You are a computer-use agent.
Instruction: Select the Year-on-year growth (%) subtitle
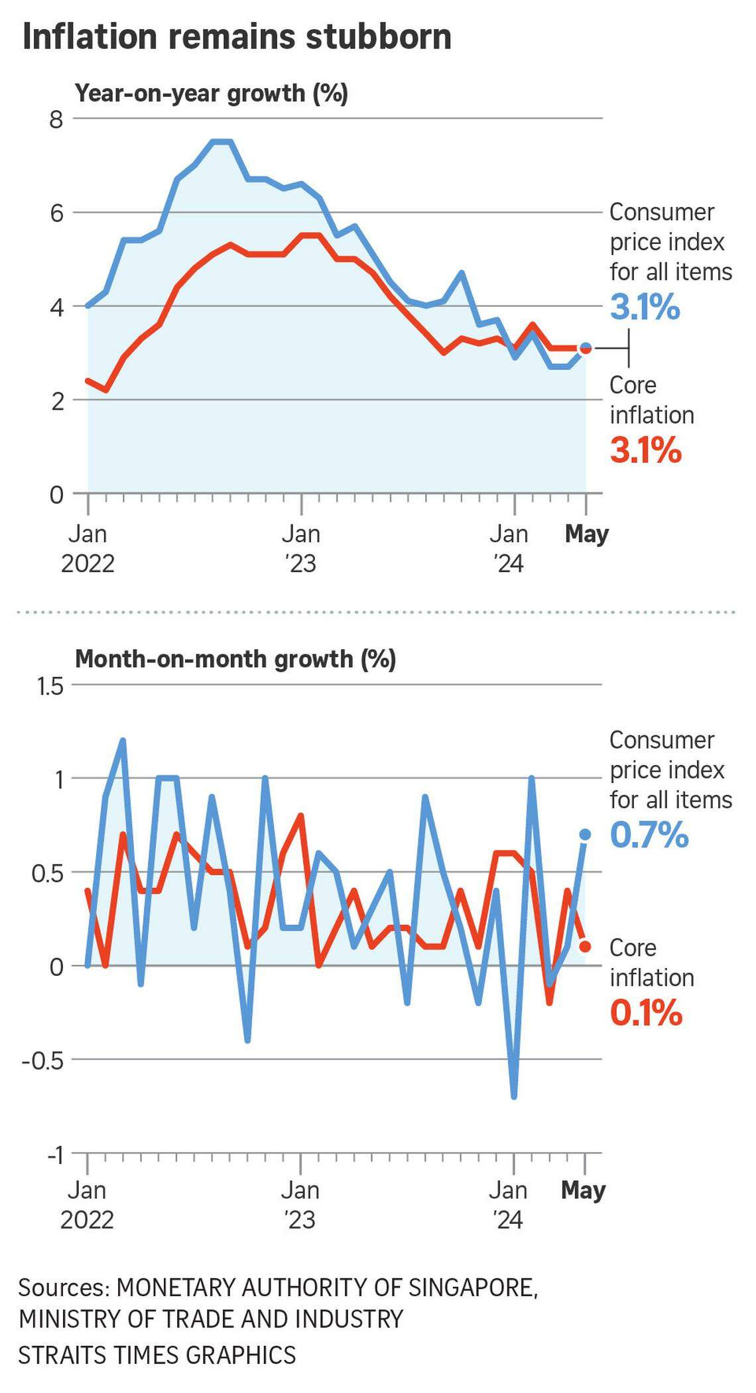pyautogui.click(x=211, y=93)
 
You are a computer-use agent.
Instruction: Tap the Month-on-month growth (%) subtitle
pyautogui.click(x=235, y=659)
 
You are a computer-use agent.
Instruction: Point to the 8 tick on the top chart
pyautogui.click(x=56, y=119)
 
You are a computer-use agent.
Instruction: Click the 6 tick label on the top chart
pyautogui.click(x=56, y=213)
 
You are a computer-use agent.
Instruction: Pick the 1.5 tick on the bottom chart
pyautogui.click(x=49, y=686)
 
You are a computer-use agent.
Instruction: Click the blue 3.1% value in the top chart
pyautogui.click(x=645, y=307)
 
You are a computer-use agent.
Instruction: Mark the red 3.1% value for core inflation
pyautogui.click(x=645, y=450)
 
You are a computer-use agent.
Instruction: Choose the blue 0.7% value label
pyautogui.click(x=649, y=835)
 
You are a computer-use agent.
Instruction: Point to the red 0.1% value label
pyautogui.click(x=645, y=1013)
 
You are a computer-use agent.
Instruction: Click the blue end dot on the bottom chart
pyautogui.click(x=585, y=834)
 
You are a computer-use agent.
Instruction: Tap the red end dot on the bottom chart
pyautogui.click(x=585, y=946)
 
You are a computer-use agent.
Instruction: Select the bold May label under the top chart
pyautogui.click(x=586, y=534)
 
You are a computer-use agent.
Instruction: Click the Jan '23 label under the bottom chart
pyautogui.click(x=300, y=1205)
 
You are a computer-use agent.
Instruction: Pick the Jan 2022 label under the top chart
pyautogui.click(x=88, y=549)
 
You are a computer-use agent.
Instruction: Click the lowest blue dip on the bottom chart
pyautogui.click(x=514, y=1097)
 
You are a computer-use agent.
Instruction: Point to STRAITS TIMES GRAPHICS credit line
pyautogui.click(x=157, y=1355)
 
